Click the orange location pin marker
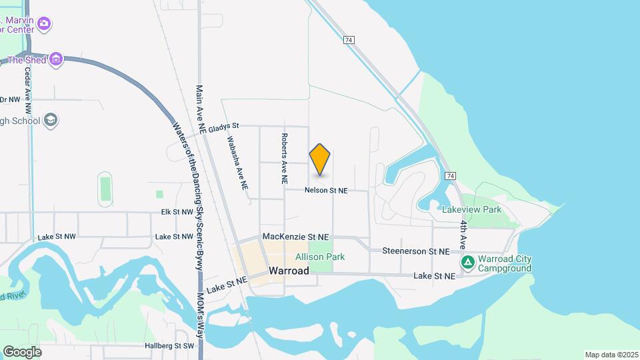click(320, 159)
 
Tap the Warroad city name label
click(289, 271)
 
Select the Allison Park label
click(320, 257)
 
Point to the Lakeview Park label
click(471, 209)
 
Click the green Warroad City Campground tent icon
click(469, 263)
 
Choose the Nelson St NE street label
click(326, 191)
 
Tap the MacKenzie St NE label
click(296, 237)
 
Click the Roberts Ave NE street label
click(284, 158)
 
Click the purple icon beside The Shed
click(56, 60)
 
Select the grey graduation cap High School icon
click(50, 121)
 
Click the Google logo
click(22, 351)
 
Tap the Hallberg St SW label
click(169, 346)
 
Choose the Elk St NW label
click(177, 212)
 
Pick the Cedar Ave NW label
click(28, 90)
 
